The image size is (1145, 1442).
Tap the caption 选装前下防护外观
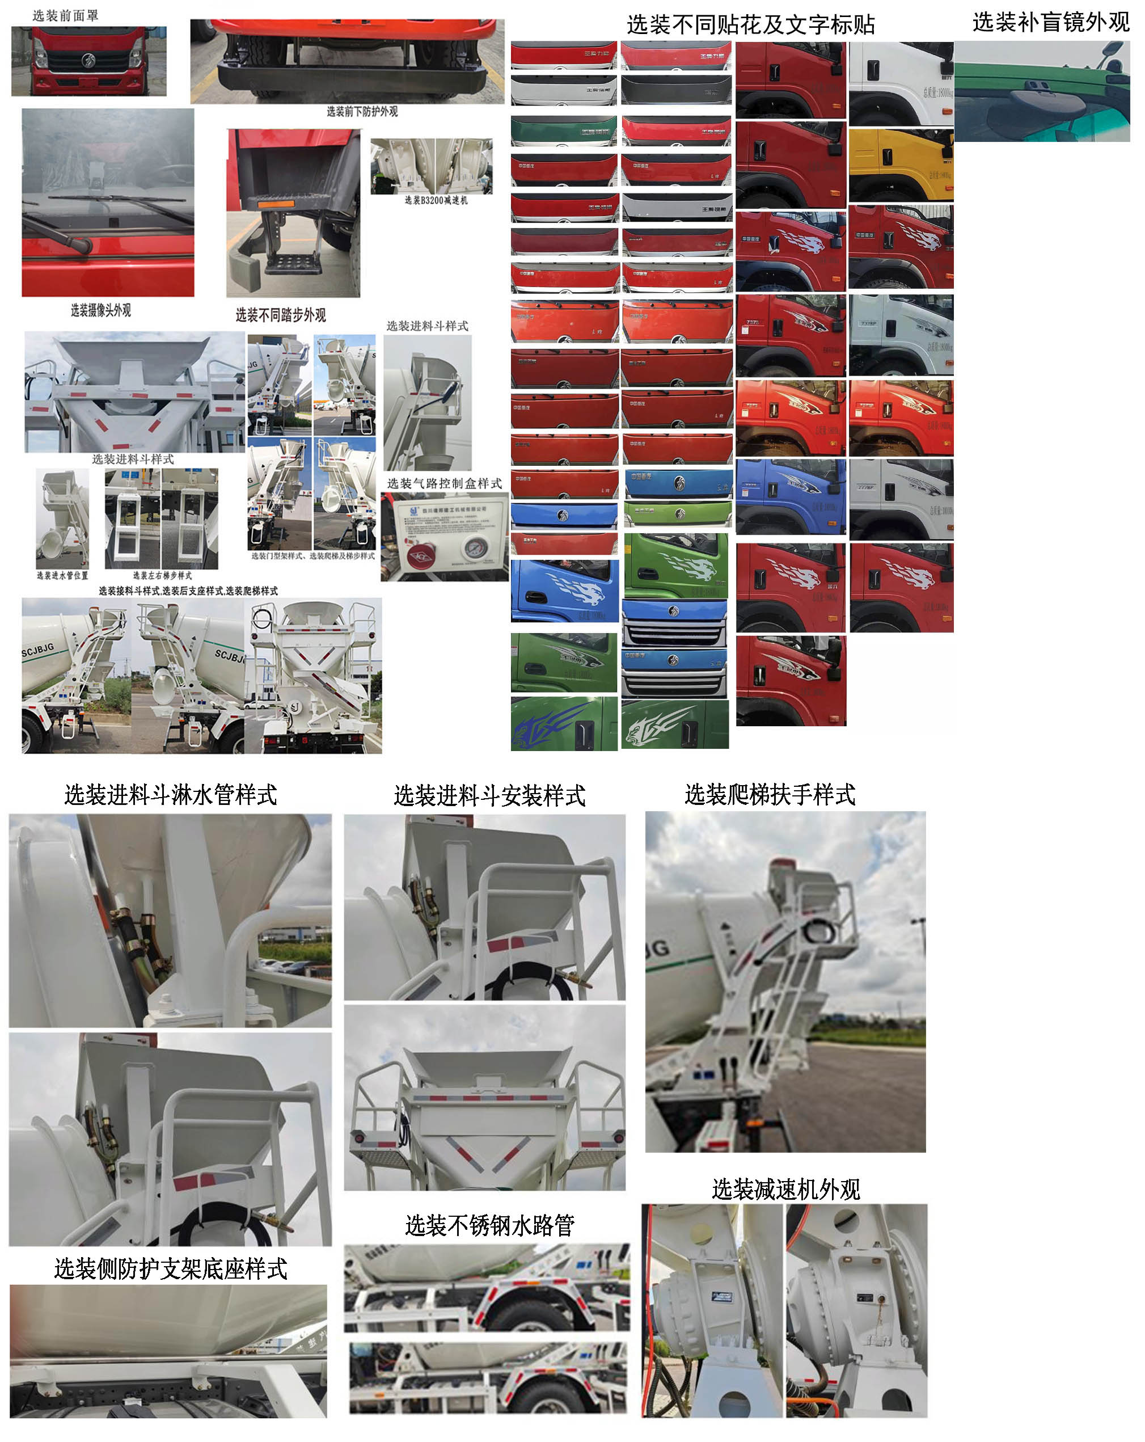361,112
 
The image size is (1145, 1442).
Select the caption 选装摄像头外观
100,310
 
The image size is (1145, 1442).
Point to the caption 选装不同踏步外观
280,315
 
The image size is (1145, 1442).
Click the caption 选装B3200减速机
436,200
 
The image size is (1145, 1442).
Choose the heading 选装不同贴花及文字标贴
750,25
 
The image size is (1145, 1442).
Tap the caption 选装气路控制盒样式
444,483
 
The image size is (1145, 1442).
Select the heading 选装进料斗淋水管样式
171,795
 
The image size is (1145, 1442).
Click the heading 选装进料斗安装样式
489,795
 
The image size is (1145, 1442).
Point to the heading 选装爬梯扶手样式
769,794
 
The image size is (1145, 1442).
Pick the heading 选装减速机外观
785,1189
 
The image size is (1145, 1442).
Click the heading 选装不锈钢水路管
489,1225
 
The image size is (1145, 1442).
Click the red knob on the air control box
421,556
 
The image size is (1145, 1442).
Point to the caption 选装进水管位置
61,575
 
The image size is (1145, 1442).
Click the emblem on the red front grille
87,61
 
